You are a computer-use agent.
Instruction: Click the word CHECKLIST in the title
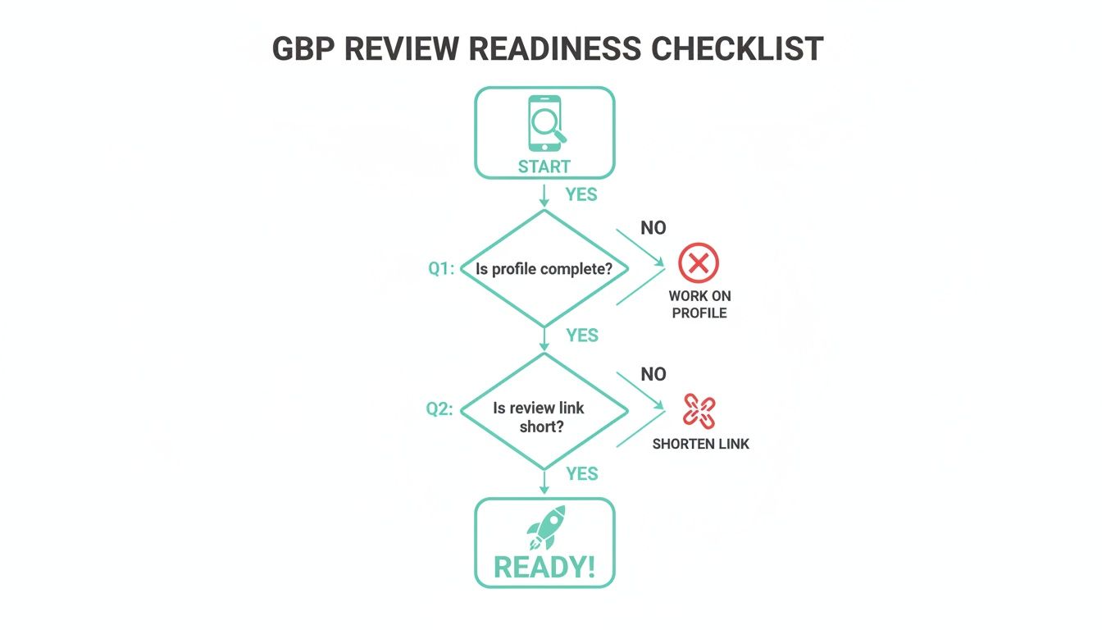click(x=737, y=49)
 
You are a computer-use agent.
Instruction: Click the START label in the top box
click(x=544, y=167)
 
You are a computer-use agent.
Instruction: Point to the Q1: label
click(x=441, y=268)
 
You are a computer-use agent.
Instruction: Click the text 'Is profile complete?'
click(x=544, y=268)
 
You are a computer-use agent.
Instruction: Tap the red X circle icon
click(x=699, y=263)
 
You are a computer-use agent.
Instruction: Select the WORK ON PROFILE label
click(x=699, y=304)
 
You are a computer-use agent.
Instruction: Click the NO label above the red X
click(x=653, y=228)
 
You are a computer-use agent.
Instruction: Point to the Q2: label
click(x=439, y=409)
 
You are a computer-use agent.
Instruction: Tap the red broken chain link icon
click(x=699, y=412)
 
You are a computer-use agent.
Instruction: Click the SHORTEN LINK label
click(x=700, y=444)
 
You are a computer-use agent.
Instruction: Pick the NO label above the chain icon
click(x=653, y=374)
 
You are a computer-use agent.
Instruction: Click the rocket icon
click(x=546, y=527)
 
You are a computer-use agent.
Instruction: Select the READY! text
click(x=544, y=567)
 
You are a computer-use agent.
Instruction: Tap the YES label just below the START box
click(x=581, y=195)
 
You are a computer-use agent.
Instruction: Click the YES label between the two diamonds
click(x=582, y=336)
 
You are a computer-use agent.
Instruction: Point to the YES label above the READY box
click(x=582, y=474)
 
